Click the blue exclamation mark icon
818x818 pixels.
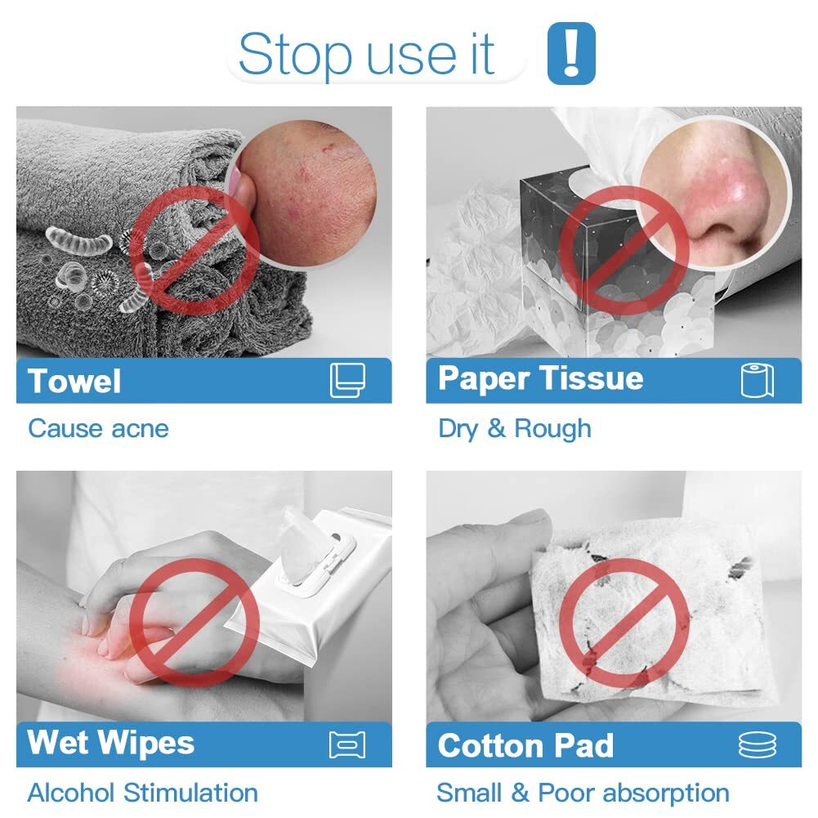tap(571, 52)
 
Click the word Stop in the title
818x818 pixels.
tap(295, 55)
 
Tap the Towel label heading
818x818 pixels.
tap(74, 381)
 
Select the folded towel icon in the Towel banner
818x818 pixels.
tap(347, 380)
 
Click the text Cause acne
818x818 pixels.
tap(98, 429)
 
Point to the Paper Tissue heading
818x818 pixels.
tap(540, 378)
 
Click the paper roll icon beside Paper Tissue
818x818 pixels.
tap(758, 380)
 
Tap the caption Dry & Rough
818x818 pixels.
tap(515, 429)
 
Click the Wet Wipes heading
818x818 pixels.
tap(110, 742)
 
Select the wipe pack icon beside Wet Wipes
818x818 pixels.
tap(347, 744)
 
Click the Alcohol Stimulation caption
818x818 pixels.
tap(142, 793)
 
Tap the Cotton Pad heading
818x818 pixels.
tap(525, 745)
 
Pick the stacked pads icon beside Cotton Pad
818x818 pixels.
tap(758, 744)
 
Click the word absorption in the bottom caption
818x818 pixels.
tap(666, 793)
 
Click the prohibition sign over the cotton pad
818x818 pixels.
tap(624, 623)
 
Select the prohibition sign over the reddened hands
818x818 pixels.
tap(194, 623)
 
